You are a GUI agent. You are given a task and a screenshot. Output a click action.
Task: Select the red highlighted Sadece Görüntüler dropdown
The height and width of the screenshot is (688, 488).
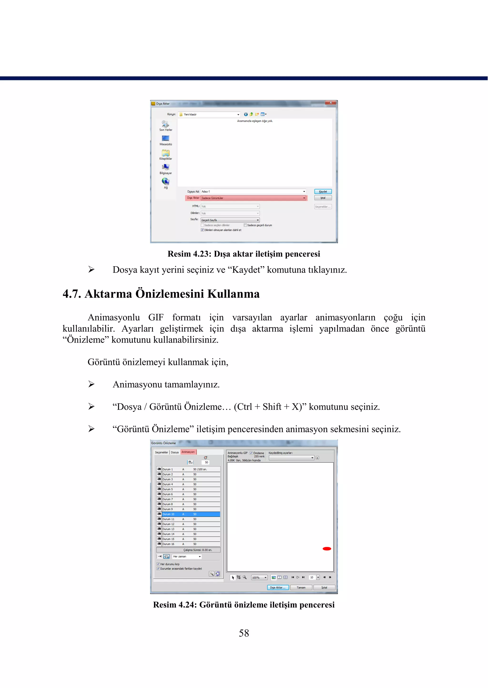point(253,198)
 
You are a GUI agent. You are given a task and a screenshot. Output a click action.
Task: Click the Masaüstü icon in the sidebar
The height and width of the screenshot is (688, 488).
point(166,138)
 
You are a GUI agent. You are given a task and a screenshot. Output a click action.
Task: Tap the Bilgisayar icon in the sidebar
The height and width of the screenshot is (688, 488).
point(166,167)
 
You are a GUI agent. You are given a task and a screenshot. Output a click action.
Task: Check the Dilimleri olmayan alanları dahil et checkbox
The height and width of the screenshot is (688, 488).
point(202,230)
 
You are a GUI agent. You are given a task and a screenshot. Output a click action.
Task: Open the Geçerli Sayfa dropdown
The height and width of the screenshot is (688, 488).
point(230,220)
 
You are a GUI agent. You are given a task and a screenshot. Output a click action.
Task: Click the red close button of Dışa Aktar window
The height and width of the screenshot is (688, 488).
point(330,103)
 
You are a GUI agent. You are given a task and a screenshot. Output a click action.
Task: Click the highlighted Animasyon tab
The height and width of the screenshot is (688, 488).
point(188,452)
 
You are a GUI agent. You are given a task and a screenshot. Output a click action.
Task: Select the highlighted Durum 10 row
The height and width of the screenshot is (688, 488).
point(189,514)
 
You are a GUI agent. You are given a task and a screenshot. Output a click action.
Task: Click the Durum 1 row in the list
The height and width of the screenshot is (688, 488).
point(189,469)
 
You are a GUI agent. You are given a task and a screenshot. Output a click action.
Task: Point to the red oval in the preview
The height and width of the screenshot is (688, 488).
point(327,549)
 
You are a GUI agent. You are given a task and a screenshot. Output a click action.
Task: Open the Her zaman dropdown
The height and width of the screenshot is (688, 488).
point(187,556)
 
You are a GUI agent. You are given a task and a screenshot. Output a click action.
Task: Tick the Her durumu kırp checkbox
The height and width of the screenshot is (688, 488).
point(158,564)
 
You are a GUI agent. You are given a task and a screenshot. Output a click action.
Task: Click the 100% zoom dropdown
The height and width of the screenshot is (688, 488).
point(259,577)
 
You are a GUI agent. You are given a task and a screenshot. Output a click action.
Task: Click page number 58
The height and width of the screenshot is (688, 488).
point(244,633)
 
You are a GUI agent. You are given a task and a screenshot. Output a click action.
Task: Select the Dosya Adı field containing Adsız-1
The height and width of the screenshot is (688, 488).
point(253,191)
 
